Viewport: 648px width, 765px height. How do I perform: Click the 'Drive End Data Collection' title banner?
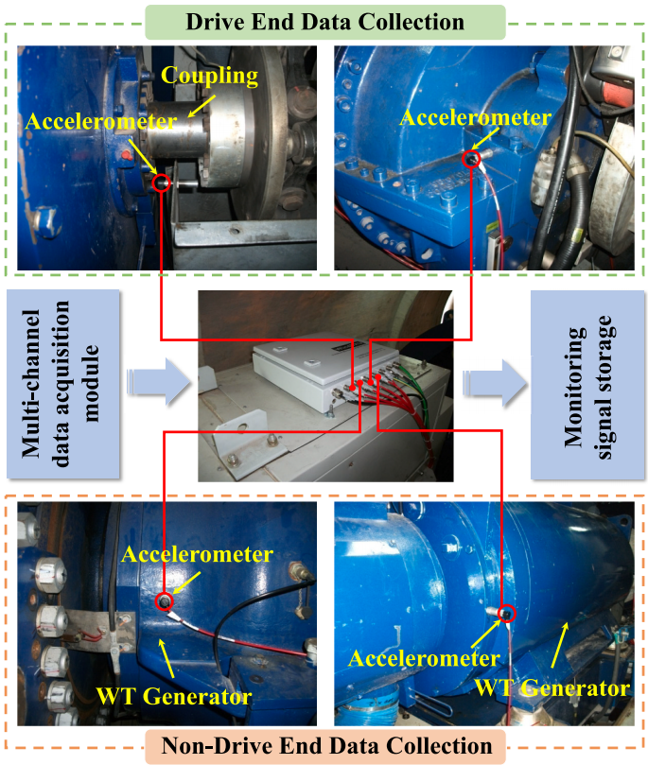click(x=325, y=22)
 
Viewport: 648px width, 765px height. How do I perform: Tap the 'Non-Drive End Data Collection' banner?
click(x=326, y=746)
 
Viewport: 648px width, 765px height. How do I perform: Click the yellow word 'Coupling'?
click(x=210, y=76)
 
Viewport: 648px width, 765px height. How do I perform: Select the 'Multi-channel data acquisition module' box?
click(x=63, y=384)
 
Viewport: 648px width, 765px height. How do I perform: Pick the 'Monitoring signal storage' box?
click(x=587, y=385)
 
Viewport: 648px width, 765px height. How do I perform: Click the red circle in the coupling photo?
click(x=161, y=183)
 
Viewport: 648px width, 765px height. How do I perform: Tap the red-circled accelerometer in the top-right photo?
click(x=471, y=159)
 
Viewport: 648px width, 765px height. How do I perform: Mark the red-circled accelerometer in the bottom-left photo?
click(x=164, y=601)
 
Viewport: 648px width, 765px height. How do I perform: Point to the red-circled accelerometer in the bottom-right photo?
click(x=507, y=614)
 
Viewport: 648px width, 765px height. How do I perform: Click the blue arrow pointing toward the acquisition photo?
click(x=159, y=382)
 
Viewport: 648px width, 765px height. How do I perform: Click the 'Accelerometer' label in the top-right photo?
click(x=476, y=117)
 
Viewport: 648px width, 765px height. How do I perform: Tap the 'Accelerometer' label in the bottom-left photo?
click(x=197, y=554)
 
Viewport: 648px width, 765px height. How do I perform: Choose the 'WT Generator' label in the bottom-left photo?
click(x=174, y=696)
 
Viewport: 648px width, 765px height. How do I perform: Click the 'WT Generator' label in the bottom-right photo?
click(x=552, y=687)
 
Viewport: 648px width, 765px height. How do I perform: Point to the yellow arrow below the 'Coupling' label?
click(x=201, y=106)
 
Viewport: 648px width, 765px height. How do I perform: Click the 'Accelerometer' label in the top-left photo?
click(x=101, y=121)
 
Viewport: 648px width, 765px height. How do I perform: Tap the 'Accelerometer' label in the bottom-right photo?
click(x=424, y=659)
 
